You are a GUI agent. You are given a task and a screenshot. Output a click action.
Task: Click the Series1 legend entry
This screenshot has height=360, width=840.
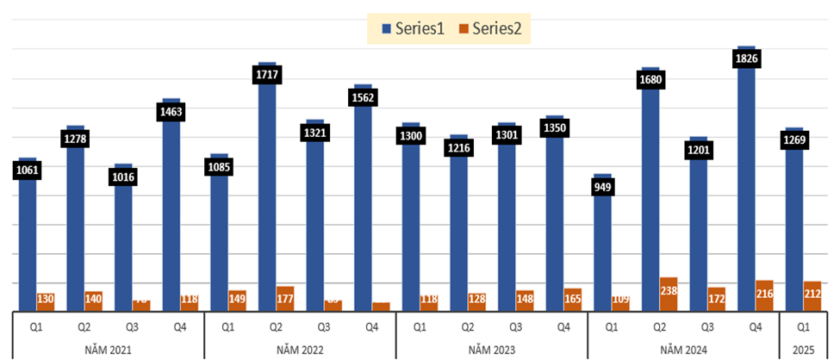click(x=413, y=29)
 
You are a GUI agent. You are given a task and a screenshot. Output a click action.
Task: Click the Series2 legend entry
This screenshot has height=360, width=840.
click(x=490, y=29)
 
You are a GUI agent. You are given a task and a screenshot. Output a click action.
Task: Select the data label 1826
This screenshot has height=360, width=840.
click(x=745, y=59)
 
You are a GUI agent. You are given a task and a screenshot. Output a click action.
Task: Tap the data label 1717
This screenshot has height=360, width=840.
click(x=267, y=75)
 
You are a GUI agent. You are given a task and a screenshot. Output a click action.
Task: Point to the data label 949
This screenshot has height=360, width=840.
click(x=602, y=187)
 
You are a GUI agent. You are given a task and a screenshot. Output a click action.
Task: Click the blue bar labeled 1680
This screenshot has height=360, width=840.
click(x=650, y=189)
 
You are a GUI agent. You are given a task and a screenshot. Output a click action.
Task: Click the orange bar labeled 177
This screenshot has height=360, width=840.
click(x=285, y=298)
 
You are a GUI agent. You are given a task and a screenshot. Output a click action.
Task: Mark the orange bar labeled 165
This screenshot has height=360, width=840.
click(x=572, y=299)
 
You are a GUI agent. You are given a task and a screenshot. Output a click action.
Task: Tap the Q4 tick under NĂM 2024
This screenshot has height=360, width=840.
click(x=755, y=327)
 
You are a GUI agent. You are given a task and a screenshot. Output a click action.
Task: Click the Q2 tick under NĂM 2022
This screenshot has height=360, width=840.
click(x=276, y=327)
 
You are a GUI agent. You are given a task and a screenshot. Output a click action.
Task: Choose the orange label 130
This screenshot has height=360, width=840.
click(x=46, y=300)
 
